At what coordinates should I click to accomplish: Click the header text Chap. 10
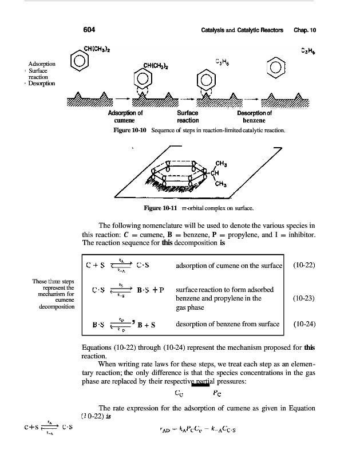coord(305,29)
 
